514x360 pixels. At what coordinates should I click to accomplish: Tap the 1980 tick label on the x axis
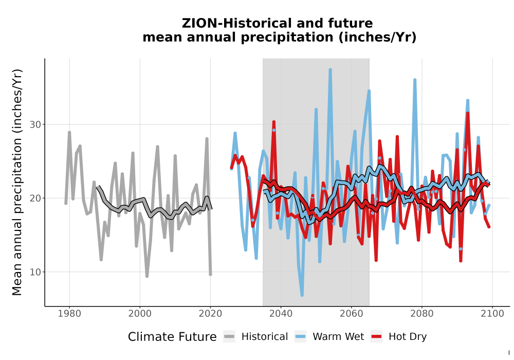coord(69,314)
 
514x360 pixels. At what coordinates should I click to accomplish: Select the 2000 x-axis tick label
coord(140,314)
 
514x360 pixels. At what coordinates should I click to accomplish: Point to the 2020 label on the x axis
coord(210,314)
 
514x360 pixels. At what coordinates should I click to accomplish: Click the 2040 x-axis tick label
coord(281,314)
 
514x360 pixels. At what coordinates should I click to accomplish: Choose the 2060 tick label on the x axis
coord(352,314)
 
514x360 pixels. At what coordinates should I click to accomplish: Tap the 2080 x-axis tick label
coord(422,314)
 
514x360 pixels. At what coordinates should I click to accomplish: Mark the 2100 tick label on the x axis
coord(492,314)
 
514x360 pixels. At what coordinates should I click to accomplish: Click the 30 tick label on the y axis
coord(35,124)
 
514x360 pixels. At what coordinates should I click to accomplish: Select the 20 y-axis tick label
coord(35,199)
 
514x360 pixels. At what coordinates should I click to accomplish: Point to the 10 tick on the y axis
coord(35,272)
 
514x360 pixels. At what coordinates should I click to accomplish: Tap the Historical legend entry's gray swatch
coord(229,337)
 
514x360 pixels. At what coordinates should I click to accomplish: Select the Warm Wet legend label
coord(338,337)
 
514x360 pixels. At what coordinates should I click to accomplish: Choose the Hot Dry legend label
coord(408,337)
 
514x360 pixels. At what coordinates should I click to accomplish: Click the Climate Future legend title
coord(172,337)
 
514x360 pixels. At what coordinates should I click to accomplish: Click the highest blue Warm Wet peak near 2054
coord(330,69)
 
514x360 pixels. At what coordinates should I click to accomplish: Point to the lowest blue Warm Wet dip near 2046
coord(302,295)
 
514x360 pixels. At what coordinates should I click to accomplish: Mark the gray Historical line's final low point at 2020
coord(210,274)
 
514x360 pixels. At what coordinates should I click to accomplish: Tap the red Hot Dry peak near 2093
coord(468,114)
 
